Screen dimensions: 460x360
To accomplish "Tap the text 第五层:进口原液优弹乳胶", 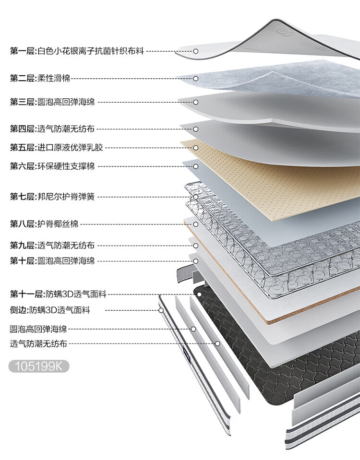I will tap(56, 147).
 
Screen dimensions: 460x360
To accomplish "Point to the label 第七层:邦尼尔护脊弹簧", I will tap(56, 197).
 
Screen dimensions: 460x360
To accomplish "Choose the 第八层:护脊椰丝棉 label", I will tap(44, 224).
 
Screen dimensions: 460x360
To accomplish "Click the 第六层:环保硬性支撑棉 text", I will tap(52, 166).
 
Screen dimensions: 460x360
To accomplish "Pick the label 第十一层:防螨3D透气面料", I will tap(58, 294).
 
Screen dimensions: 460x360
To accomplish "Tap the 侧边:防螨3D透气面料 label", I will tap(49, 310).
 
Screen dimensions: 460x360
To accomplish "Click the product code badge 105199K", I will tap(39, 366).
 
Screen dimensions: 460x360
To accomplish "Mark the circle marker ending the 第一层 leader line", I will tap(196, 50).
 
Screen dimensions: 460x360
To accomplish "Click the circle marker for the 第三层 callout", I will tap(196, 102).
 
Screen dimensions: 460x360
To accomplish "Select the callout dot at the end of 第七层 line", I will tap(196, 197).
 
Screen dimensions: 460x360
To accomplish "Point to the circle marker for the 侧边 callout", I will tap(161, 310).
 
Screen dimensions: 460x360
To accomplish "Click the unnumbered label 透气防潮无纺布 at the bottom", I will tap(38, 343).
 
